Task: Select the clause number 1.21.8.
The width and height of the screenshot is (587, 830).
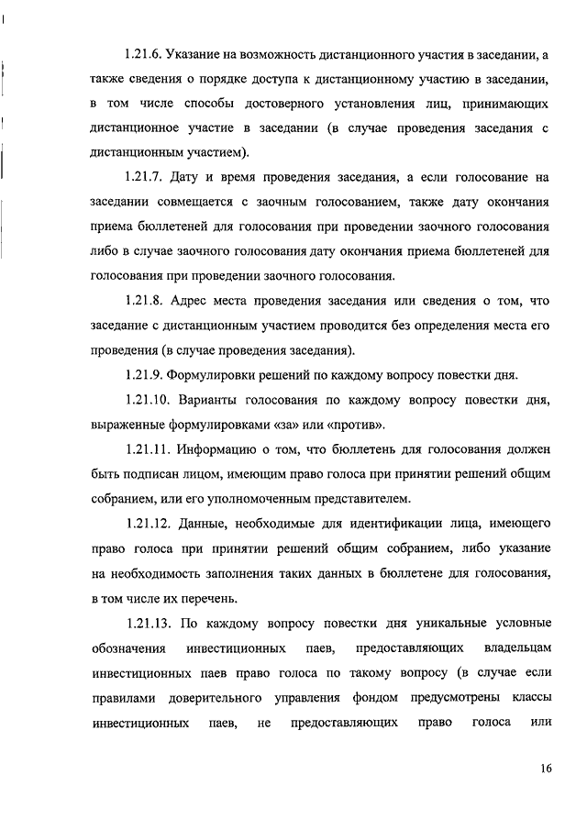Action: (x=145, y=298)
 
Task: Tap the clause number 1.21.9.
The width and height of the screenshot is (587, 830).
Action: (x=145, y=374)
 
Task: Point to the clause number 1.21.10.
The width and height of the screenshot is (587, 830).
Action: (x=148, y=401)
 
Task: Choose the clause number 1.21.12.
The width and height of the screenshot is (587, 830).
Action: (x=148, y=524)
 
